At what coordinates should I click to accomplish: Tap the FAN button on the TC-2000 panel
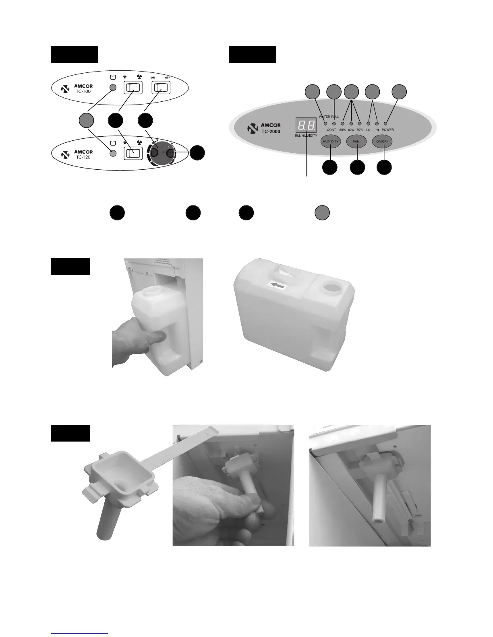point(356,142)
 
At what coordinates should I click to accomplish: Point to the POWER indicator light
point(385,123)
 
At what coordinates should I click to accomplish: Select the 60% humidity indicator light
point(351,123)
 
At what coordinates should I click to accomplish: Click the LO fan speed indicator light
point(369,123)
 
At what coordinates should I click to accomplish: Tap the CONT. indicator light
point(333,123)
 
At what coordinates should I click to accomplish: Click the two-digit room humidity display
point(306,125)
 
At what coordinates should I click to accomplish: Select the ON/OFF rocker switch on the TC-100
point(161,87)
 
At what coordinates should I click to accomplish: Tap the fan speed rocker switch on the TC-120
point(133,153)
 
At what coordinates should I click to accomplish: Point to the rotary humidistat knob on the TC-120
point(162,153)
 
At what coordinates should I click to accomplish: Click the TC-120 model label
point(83,157)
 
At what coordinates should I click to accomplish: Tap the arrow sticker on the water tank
point(277,285)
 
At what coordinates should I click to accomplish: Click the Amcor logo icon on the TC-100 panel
point(64,88)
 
